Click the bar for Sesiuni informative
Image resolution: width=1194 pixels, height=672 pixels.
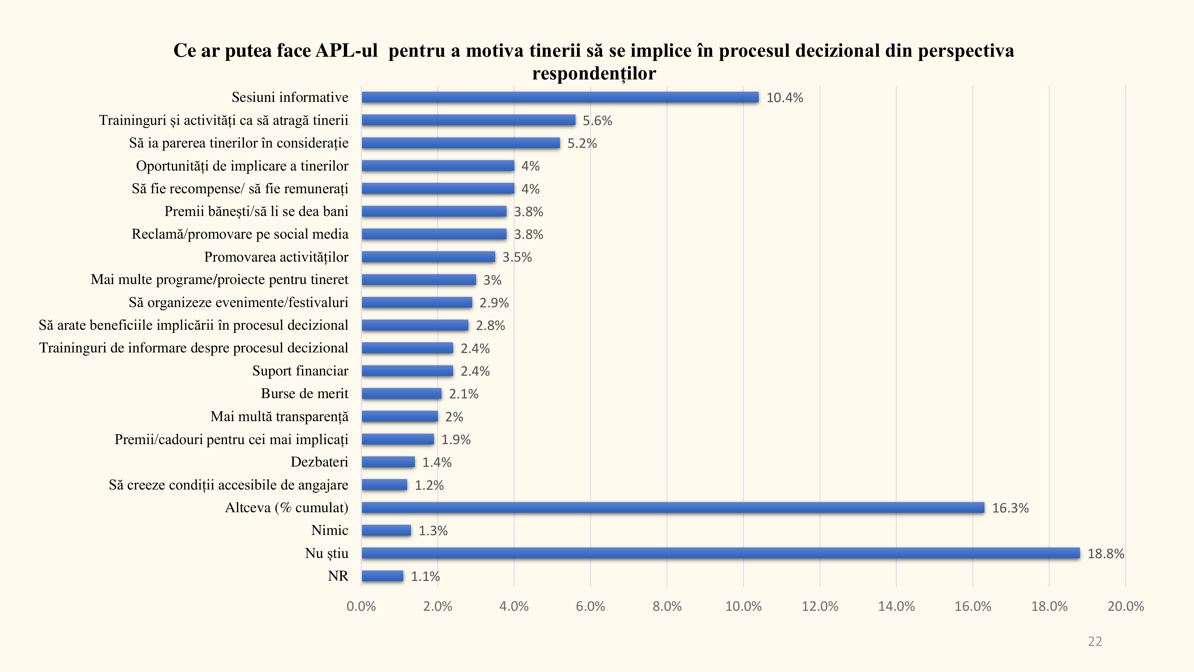point(560,97)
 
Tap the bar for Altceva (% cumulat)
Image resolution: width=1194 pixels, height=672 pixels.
point(673,508)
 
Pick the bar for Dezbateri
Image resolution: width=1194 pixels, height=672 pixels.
point(388,462)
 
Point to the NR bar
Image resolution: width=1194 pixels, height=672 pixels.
point(382,576)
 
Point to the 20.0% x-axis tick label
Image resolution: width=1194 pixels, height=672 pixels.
point(1125,607)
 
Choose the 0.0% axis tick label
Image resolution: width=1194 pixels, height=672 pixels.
point(361,607)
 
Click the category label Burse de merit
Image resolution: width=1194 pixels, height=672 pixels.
point(304,394)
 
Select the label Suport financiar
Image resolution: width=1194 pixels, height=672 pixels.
point(300,371)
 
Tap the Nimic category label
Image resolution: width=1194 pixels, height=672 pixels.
point(330,530)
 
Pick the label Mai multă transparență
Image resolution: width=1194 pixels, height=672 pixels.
point(279,416)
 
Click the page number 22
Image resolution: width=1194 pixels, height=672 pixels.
point(1095,642)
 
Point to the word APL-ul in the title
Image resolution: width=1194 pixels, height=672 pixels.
point(347,50)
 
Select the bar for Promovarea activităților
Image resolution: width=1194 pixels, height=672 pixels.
point(428,257)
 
